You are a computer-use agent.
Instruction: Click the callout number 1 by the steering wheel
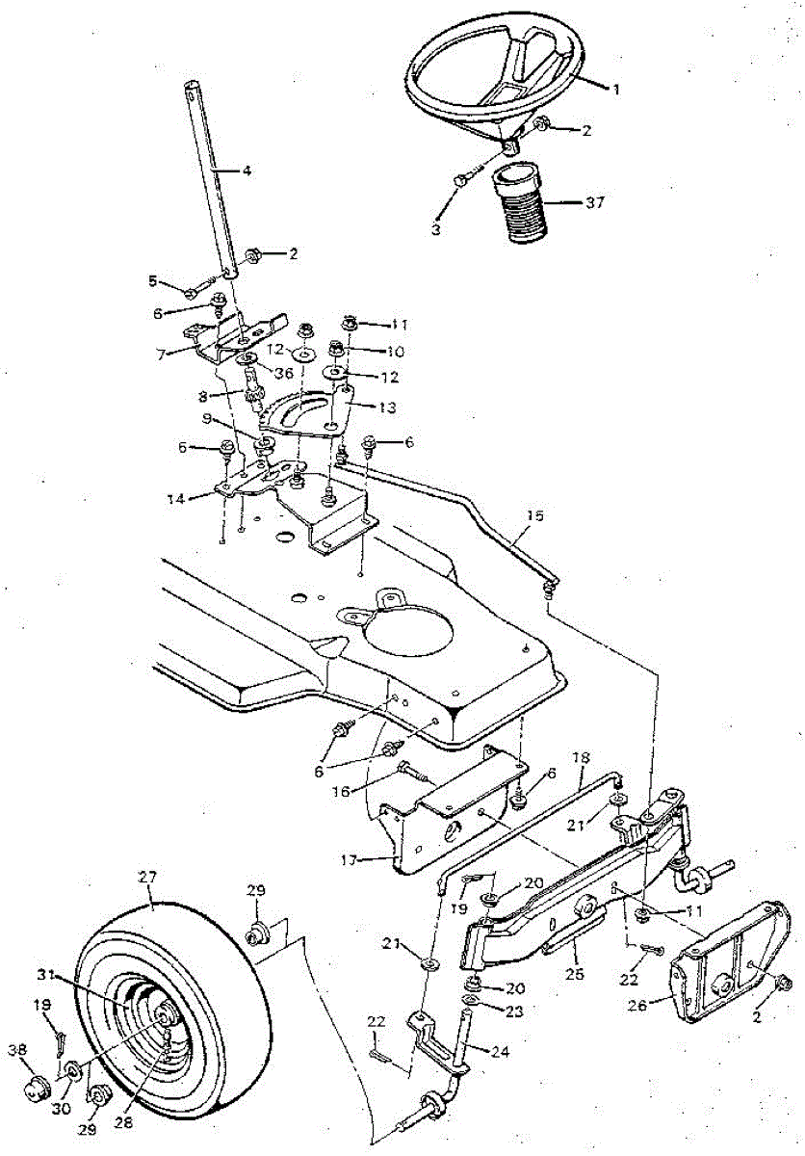pyautogui.click(x=614, y=90)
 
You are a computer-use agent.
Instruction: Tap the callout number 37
pyautogui.click(x=593, y=203)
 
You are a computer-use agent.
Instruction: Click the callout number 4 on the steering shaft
pyautogui.click(x=247, y=171)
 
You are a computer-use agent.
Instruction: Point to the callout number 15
pyautogui.click(x=535, y=515)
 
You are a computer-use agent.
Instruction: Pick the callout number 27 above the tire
pyautogui.click(x=148, y=877)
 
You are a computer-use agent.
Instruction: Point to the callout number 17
pyautogui.click(x=350, y=860)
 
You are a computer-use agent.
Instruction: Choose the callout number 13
pyautogui.click(x=387, y=407)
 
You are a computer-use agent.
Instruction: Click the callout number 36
pyautogui.click(x=283, y=373)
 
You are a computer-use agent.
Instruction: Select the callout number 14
pyautogui.click(x=176, y=500)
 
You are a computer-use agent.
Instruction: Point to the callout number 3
pyautogui.click(x=436, y=229)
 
